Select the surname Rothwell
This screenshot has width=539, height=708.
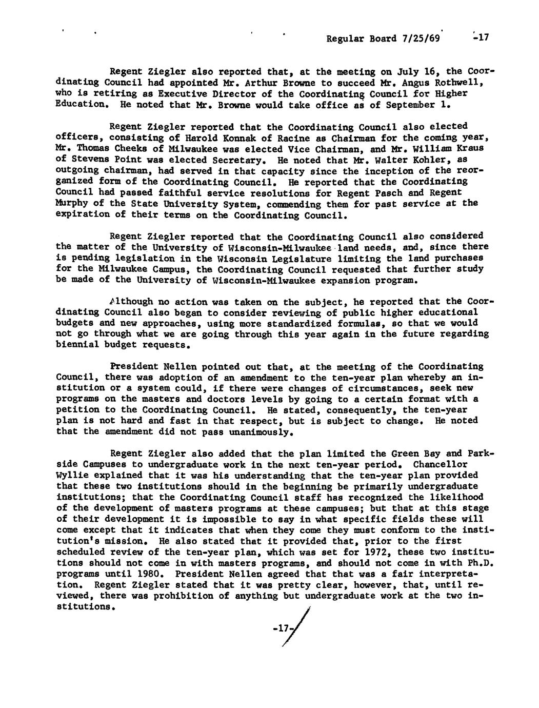pos(461,82)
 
